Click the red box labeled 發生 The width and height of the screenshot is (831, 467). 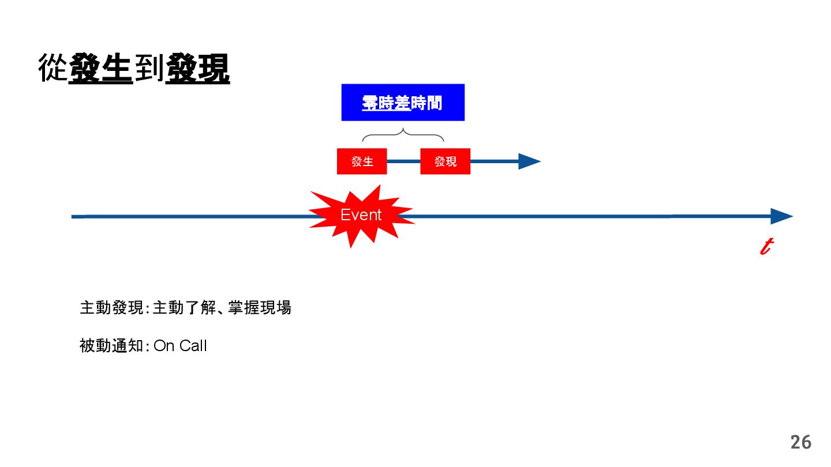click(362, 161)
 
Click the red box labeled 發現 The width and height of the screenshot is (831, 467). click(445, 161)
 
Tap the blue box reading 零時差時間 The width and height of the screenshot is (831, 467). click(403, 103)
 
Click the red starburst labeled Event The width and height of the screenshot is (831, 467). click(361, 216)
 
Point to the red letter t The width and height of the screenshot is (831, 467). click(766, 247)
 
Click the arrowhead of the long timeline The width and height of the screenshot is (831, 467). click(782, 217)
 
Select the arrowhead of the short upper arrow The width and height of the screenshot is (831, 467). click(528, 161)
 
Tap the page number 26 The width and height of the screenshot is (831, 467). click(800, 442)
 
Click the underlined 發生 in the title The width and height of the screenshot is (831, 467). click(101, 68)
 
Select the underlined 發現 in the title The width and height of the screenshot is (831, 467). click(197, 68)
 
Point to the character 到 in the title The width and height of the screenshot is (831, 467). click(149, 68)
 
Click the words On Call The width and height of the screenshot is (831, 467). click(180, 346)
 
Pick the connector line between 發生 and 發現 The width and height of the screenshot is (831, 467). click(403, 161)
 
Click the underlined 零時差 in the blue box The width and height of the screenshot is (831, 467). click(386, 103)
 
